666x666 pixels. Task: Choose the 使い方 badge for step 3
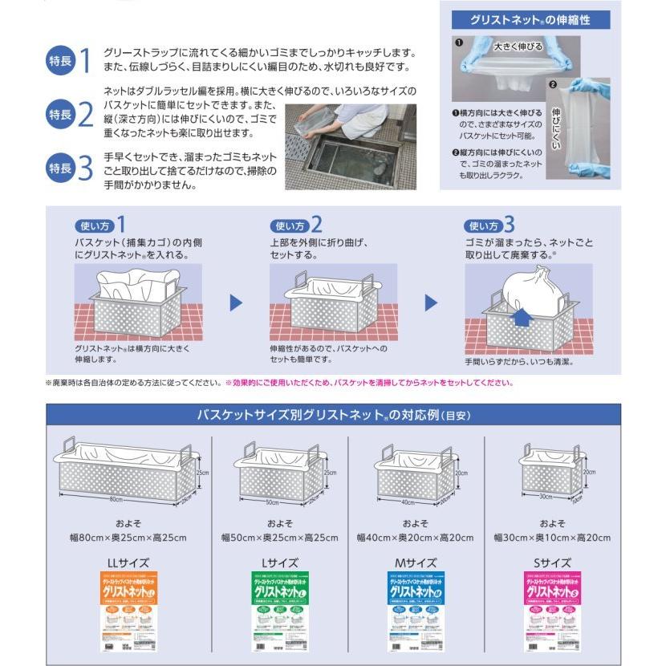click(x=486, y=225)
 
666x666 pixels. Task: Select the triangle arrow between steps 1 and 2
click(x=236, y=303)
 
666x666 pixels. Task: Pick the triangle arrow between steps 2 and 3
click(x=431, y=303)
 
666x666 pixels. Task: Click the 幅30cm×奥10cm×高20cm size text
click(x=552, y=537)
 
